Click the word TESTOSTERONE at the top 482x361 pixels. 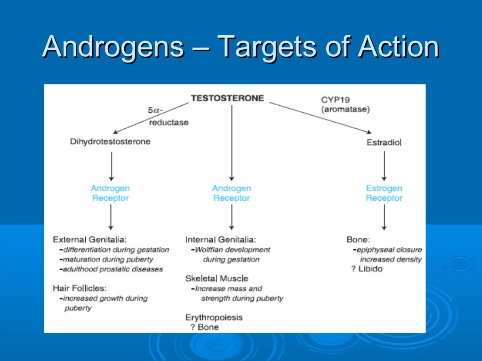tap(227, 99)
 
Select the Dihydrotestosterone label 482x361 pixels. tap(110, 141)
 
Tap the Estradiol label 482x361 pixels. tap(384, 142)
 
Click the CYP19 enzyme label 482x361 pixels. tap(335, 100)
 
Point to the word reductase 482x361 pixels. tap(169, 122)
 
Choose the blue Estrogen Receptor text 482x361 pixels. tap(384, 193)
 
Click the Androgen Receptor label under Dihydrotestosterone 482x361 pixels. tap(110, 193)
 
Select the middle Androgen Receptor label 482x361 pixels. tap(231, 193)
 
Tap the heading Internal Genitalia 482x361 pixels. tap(221, 239)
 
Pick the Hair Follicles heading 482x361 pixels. tap(80, 288)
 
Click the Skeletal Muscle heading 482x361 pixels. tap(217, 278)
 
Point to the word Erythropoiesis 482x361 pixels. tap(214, 317)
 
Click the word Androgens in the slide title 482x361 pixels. tap(112, 47)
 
